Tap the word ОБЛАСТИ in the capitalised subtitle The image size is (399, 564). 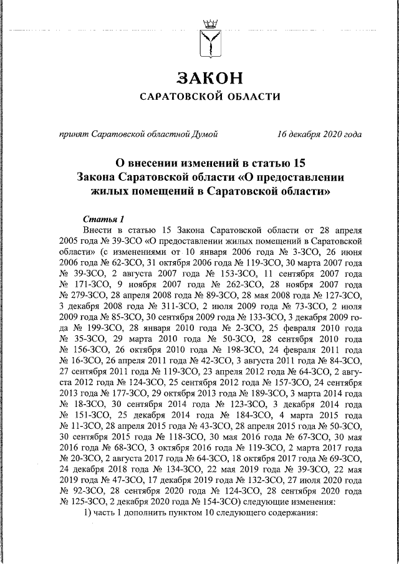[x=252, y=97]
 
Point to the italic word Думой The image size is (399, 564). [x=203, y=134]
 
